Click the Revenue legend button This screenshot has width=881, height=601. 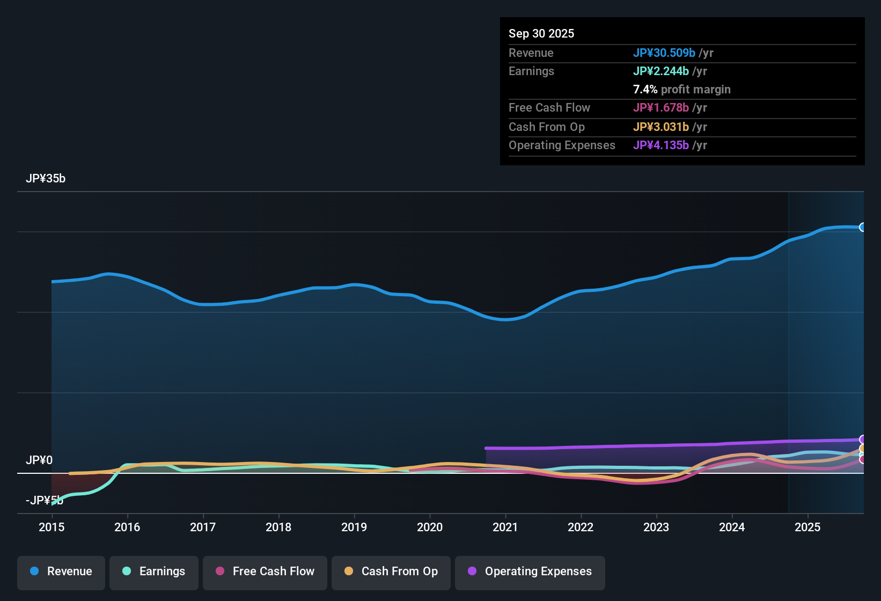click(61, 571)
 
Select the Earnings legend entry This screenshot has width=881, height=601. click(154, 571)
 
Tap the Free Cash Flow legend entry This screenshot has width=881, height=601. click(265, 571)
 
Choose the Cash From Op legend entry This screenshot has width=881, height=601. click(391, 571)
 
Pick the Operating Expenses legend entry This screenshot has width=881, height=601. click(530, 571)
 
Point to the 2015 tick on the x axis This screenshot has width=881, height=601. click(52, 527)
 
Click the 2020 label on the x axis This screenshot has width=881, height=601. click(430, 527)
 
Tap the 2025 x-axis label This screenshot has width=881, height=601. click(807, 527)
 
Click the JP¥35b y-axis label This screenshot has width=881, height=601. click(46, 179)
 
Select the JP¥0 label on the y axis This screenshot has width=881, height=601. click(39, 460)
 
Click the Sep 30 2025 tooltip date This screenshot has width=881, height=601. click(541, 34)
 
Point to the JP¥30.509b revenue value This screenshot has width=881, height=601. click(664, 53)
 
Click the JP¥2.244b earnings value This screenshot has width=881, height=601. click(660, 71)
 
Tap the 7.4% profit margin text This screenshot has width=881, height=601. click(681, 90)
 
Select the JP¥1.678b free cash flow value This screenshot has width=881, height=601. click(660, 108)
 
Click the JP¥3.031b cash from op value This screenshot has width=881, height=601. click(660, 127)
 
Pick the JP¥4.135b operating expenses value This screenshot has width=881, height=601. click(660, 145)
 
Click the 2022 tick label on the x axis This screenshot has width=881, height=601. click(581, 527)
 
